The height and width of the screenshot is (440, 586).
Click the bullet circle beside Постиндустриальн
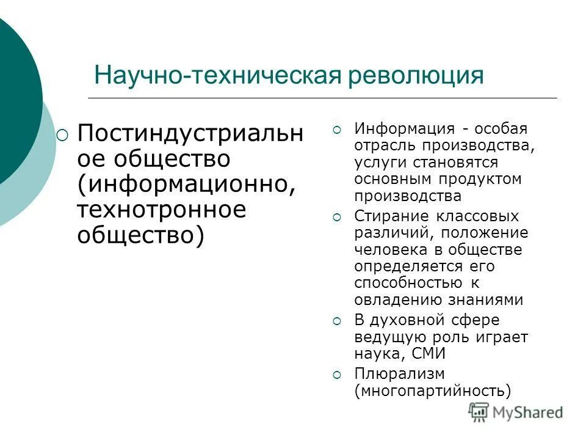pyautogui.click(x=63, y=135)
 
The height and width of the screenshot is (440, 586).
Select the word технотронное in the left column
pyautogui.click(x=161, y=210)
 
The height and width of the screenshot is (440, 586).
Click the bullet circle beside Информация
pyautogui.click(x=338, y=130)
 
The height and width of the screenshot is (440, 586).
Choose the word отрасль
pyautogui.click(x=383, y=147)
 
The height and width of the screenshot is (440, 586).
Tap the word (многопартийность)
pyautogui.click(x=432, y=391)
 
